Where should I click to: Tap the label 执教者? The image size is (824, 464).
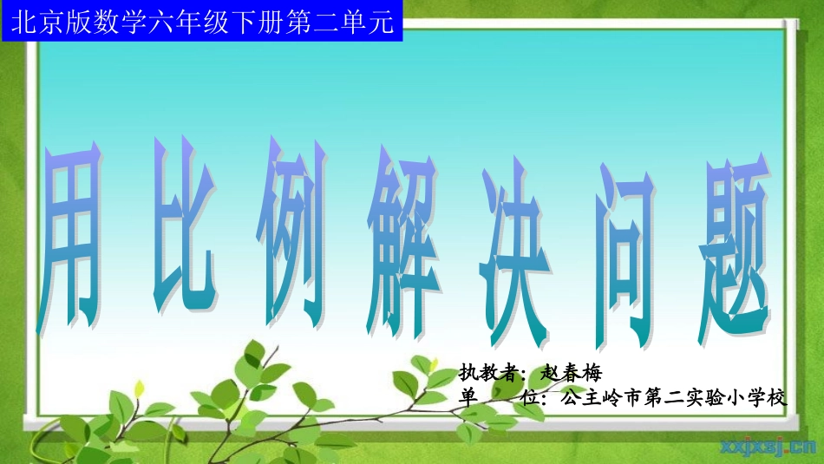point(489,374)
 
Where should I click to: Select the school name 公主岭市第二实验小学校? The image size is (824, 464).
point(673,398)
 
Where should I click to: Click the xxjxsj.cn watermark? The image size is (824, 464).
point(768,448)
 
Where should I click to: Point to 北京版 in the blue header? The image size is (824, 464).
point(43,20)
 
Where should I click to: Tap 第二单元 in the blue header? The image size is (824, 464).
point(347,20)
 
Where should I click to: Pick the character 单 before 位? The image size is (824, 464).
point(468,398)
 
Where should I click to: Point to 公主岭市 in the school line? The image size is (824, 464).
point(598,398)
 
